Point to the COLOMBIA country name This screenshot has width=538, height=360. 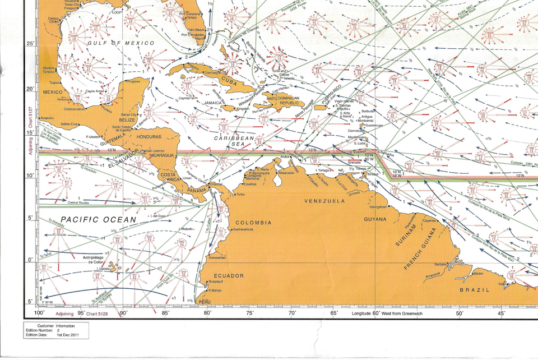[253, 223]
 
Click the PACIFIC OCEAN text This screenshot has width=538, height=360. [99, 220]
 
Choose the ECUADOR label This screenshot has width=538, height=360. [228, 276]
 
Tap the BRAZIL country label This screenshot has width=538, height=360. [475, 290]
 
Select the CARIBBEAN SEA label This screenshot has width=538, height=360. [235, 141]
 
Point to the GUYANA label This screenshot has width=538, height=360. [375, 219]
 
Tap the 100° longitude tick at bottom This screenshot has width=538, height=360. [40, 313]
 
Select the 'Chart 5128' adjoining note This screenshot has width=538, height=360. [98, 313]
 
